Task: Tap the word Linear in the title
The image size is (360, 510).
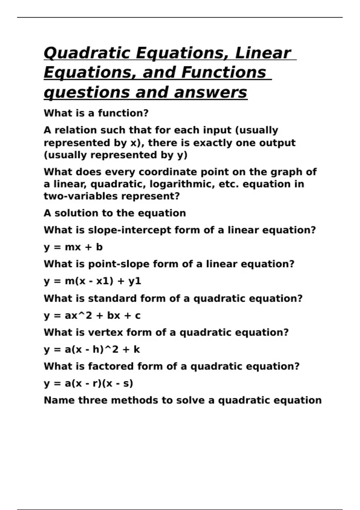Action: [263, 53]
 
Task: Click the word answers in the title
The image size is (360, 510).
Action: [210, 92]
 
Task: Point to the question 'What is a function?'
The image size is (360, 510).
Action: [96, 113]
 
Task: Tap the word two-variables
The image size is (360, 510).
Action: [81, 196]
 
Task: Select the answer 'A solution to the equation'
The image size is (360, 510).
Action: [115, 213]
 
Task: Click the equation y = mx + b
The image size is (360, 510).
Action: [73, 247]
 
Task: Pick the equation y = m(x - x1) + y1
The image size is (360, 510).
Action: [92, 281]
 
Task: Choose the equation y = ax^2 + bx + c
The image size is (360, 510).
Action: [92, 316]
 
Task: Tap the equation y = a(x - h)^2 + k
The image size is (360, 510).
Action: [92, 349]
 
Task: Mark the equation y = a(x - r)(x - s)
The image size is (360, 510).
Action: [88, 383]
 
